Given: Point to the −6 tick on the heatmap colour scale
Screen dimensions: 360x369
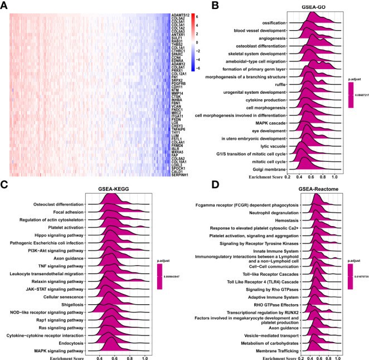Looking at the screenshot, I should [x=206, y=68].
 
